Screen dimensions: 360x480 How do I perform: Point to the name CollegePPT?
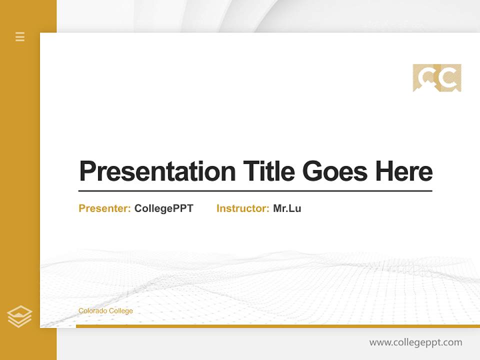click(163, 208)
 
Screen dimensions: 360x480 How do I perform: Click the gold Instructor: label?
click(242, 208)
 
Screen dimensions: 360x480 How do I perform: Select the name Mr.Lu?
click(287, 208)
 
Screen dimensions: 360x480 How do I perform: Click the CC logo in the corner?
click(437, 77)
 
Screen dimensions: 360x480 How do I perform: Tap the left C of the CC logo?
click(426, 77)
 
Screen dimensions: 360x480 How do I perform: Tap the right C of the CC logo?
click(448, 77)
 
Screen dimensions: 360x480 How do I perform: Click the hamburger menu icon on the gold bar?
click(20, 36)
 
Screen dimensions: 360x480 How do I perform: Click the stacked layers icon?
click(19, 316)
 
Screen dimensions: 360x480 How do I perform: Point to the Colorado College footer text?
click(105, 311)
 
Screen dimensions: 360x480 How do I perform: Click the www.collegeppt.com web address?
click(415, 342)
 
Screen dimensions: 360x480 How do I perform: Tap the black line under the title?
click(255, 190)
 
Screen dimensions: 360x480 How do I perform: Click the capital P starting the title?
click(87, 171)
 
